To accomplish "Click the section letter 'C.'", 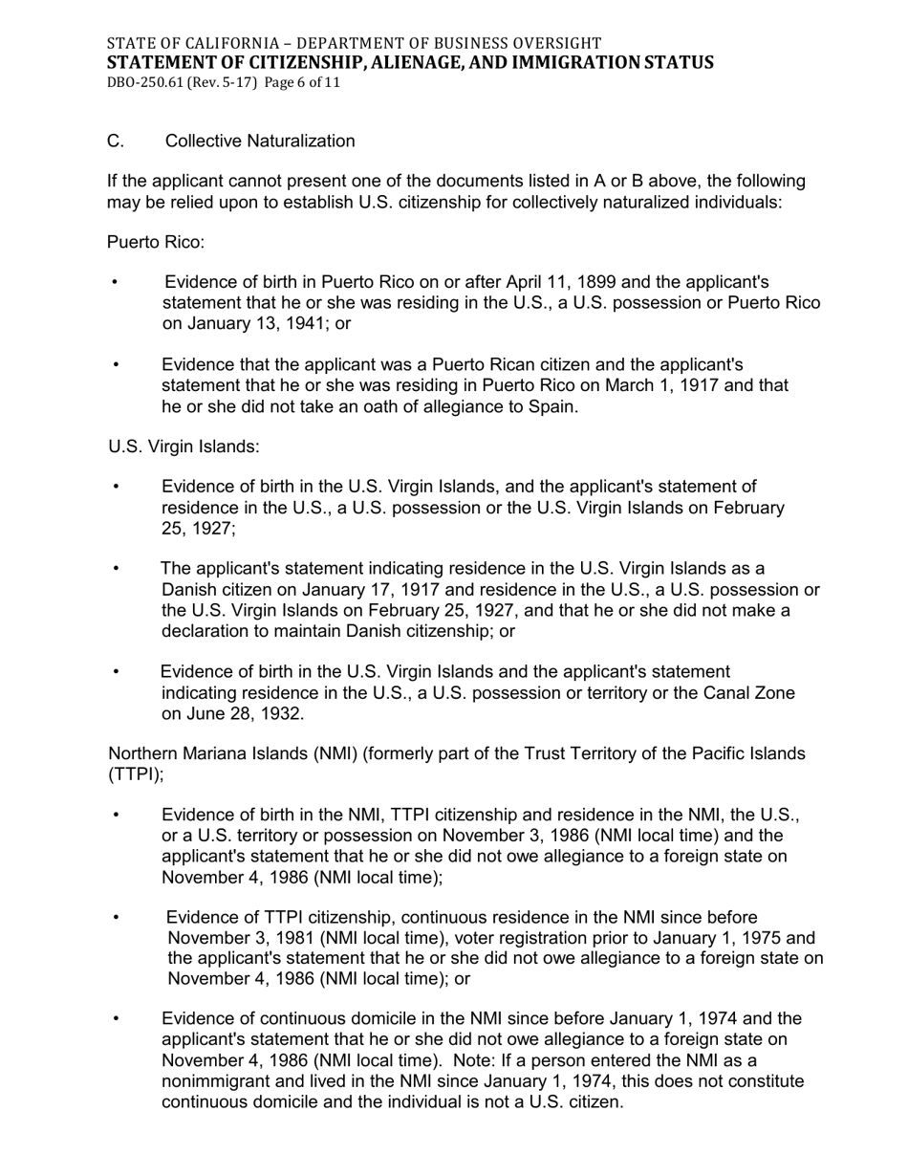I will [x=116, y=142].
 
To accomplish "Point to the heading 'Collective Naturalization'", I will [x=260, y=142].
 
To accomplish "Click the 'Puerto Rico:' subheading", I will [x=156, y=242].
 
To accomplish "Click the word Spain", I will [x=551, y=407].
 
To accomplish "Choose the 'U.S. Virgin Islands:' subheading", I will [x=184, y=447].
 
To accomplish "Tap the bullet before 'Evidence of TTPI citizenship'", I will [x=117, y=918].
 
